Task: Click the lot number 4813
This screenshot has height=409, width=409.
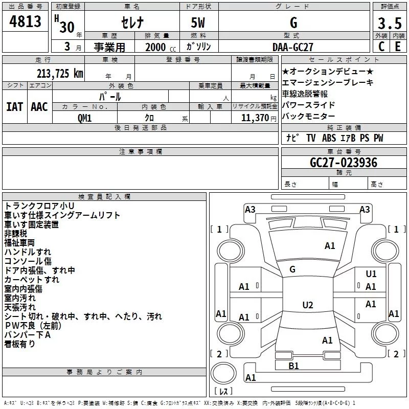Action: click(25, 21)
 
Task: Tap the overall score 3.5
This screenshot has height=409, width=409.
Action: click(390, 23)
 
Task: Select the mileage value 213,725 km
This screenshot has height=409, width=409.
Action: click(60, 74)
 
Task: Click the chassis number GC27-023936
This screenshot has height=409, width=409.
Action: click(344, 162)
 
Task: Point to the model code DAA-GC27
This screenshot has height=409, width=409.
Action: click(292, 47)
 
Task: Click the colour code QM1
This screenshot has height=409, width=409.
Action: click(85, 118)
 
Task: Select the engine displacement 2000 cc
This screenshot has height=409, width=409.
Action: click(161, 47)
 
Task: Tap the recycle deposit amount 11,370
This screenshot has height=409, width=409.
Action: click(255, 118)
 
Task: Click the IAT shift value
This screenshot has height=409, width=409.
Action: click(14, 107)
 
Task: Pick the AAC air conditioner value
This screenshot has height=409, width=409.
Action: click(39, 107)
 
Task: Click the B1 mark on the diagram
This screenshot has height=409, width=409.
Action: click(293, 366)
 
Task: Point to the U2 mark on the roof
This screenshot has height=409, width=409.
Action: click(308, 305)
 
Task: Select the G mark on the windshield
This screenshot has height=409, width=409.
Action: click(292, 269)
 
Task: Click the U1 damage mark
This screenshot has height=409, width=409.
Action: click(371, 274)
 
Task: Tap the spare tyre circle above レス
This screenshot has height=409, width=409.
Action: click(223, 373)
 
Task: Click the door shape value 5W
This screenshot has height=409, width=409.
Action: click(198, 22)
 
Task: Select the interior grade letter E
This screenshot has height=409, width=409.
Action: click(398, 47)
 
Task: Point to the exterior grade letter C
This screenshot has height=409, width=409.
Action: click(381, 47)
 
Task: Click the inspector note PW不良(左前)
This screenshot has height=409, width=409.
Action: click(33, 326)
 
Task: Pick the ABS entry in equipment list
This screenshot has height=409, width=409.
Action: click(329, 138)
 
